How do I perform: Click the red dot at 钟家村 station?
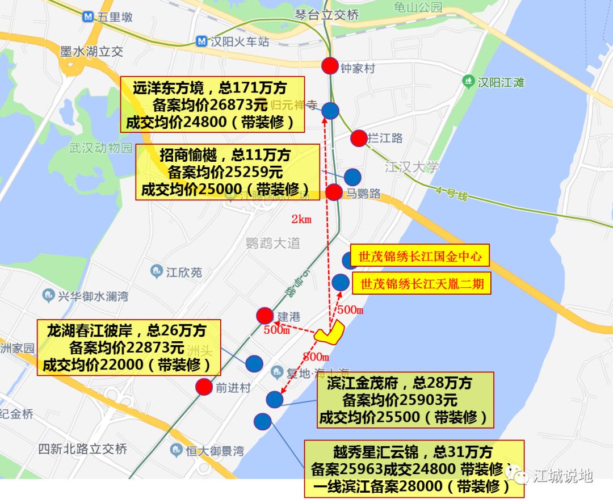pyautogui.click(x=330, y=66)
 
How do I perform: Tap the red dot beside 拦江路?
pyautogui.click(x=359, y=138)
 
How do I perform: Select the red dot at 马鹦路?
pyautogui.click(x=334, y=192)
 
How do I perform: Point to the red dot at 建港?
pyautogui.click(x=264, y=316)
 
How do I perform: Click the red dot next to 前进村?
pyautogui.click(x=204, y=387)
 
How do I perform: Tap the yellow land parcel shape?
pyautogui.click(x=331, y=334)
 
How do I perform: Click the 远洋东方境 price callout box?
pyautogui.click(x=212, y=105)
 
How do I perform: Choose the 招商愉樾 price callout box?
pyautogui.click(x=227, y=171)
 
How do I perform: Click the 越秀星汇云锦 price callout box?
pyautogui.click(x=414, y=470)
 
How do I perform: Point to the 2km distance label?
pyautogui.click(x=302, y=219)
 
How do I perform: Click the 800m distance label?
pyautogui.click(x=316, y=357)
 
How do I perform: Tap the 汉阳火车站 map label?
pyautogui.click(x=238, y=41)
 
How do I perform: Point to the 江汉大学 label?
pyautogui.click(x=412, y=167)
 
